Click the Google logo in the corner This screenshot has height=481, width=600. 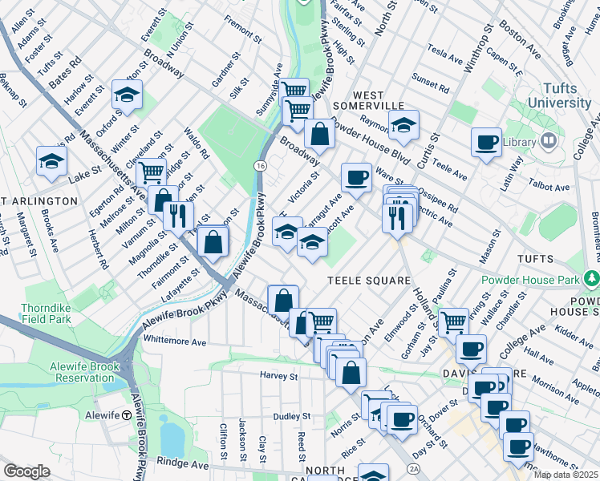[26, 471]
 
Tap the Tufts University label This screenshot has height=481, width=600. [559, 95]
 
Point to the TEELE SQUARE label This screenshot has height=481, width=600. [368, 281]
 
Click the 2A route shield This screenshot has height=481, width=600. [414, 468]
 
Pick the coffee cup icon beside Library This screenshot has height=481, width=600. [486, 142]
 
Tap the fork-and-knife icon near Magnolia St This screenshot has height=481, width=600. [177, 214]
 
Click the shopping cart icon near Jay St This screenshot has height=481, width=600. [453, 321]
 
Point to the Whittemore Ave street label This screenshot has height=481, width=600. [175, 341]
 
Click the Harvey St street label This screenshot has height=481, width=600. [278, 375]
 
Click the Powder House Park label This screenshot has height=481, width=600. [530, 280]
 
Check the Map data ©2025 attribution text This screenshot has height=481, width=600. [566, 474]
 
